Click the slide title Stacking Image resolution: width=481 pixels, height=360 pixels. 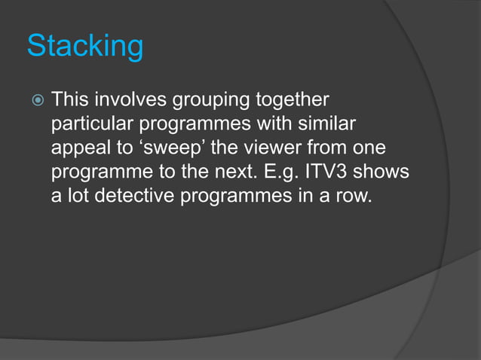tap(85, 47)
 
